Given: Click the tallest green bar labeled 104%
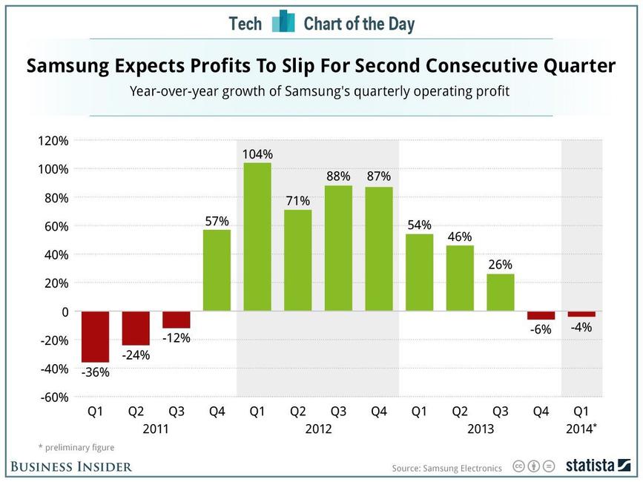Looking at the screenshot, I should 257,237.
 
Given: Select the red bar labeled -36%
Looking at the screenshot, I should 95,337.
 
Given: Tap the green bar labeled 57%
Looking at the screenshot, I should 217,270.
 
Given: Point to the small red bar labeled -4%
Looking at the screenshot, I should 581,314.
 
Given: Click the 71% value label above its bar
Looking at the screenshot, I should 298,200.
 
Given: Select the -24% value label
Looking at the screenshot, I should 136,354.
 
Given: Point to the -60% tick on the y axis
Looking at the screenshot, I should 53,397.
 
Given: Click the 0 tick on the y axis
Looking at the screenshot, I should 65,311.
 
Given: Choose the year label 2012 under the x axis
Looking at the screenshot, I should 318,429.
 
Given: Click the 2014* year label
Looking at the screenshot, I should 582,429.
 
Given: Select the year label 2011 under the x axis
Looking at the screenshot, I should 156,429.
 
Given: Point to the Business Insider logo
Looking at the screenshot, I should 71,466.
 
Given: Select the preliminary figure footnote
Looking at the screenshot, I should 76,447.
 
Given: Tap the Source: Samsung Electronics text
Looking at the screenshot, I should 446,468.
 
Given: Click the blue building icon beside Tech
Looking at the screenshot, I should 283,22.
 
